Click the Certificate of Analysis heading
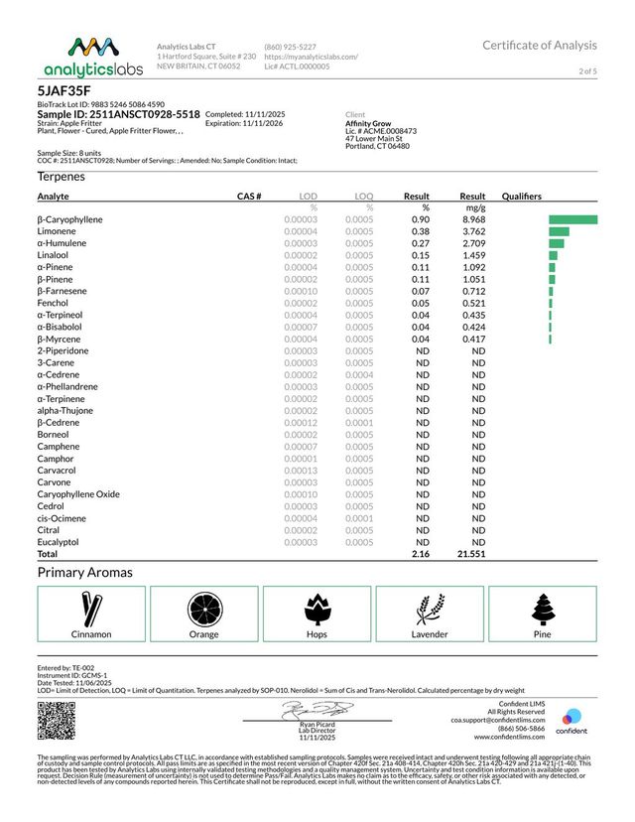pyautogui.click(x=540, y=45)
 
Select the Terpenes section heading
pyautogui.click(x=62, y=176)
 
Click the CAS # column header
pyautogui.click(x=249, y=197)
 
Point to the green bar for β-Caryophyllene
pyautogui.click(x=572, y=218)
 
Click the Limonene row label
pyautogui.click(x=57, y=230)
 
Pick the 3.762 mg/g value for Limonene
pyautogui.click(x=471, y=230)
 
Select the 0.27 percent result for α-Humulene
pyautogui.click(x=420, y=242)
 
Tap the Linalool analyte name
pyautogui.click(x=54, y=255)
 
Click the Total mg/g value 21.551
pyautogui.click(x=469, y=555)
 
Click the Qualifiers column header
pyautogui.click(x=525, y=197)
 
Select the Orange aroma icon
pyautogui.click(x=204, y=606)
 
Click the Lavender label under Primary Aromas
pyautogui.click(x=430, y=633)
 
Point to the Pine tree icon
pyautogui.click(x=542, y=606)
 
